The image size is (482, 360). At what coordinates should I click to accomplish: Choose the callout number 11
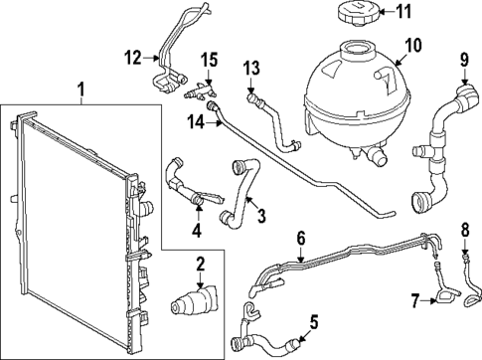click(x=430, y=14)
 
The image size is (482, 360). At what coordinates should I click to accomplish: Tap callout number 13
click(x=251, y=67)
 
